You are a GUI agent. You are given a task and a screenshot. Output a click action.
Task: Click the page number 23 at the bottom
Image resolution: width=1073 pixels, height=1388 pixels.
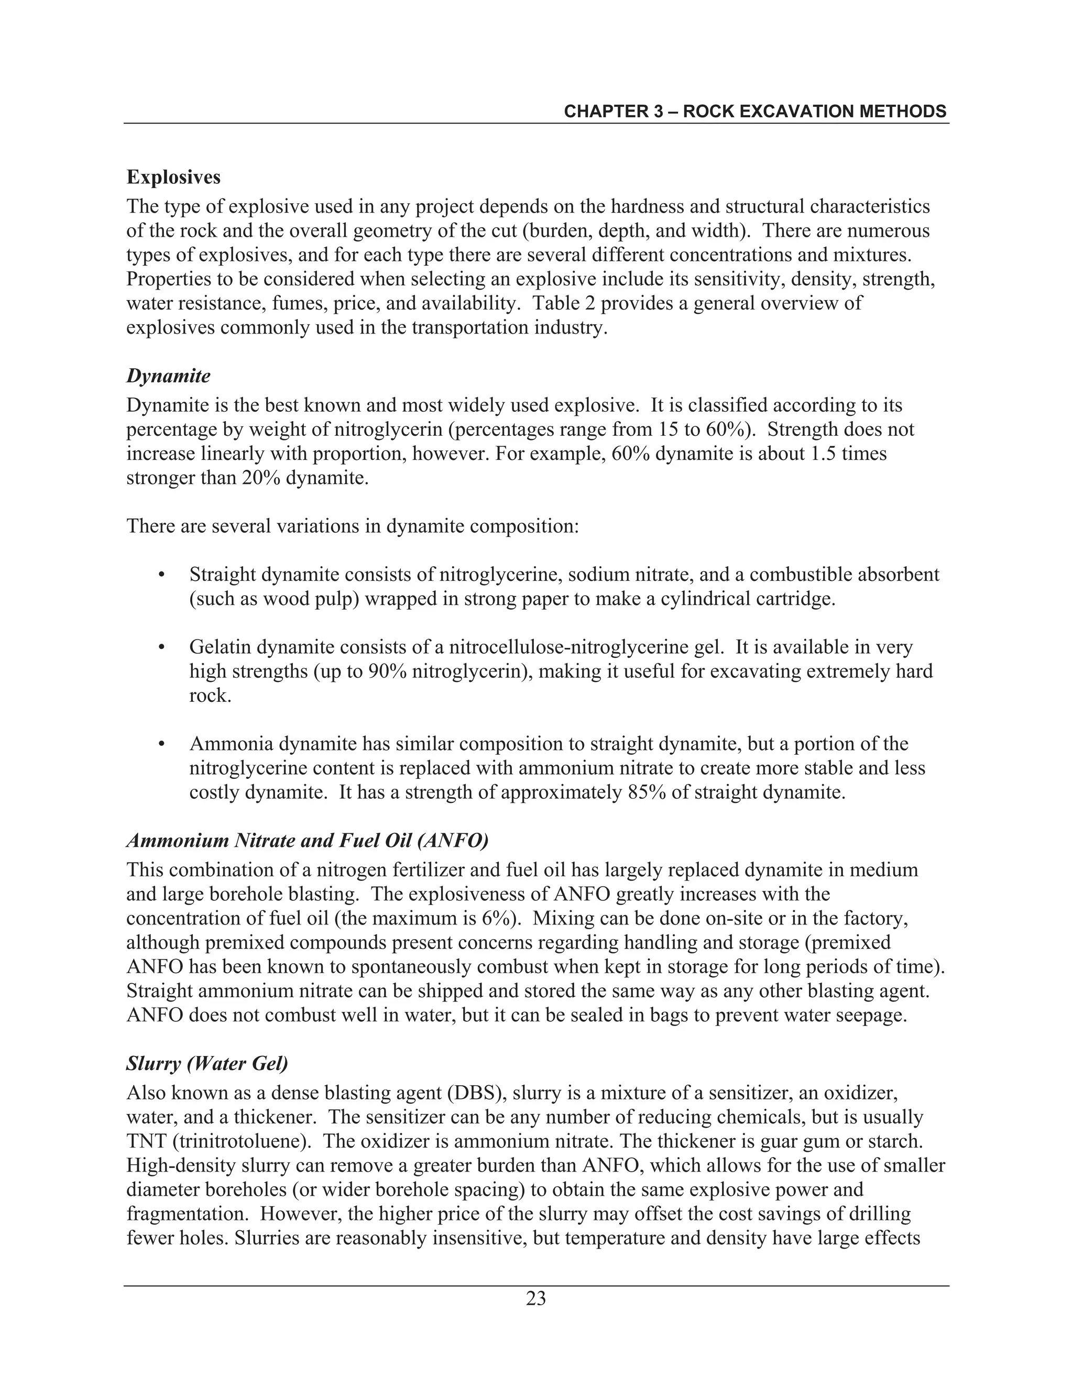click(x=536, y=1298)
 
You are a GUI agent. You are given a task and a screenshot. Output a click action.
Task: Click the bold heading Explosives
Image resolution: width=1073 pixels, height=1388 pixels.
click(x=173, y=178)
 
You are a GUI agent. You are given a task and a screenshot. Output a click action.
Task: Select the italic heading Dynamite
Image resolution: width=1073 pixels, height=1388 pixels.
click(x=169, y=376)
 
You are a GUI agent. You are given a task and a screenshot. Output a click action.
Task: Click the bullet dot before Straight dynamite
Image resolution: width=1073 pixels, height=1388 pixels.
click(x=161, y=575)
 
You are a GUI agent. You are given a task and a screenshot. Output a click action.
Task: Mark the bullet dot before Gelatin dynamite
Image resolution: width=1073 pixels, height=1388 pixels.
click(x=161, y=647)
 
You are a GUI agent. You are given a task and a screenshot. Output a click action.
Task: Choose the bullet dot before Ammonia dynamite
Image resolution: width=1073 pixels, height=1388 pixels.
click(x=161, y=744)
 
